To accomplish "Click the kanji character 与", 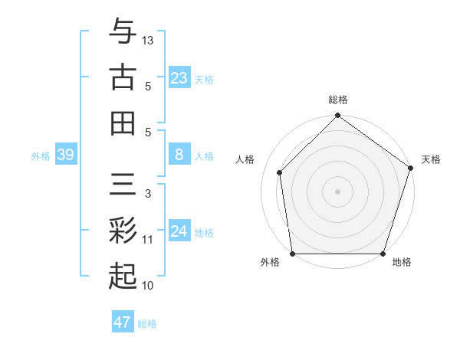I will [123, 31].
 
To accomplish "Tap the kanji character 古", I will [123, 77].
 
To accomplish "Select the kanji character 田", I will [123, 123].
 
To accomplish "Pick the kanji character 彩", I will [123, 230].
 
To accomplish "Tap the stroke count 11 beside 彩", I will [148, 240].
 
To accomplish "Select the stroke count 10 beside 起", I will [148, 286].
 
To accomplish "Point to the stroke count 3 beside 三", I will [148, 194].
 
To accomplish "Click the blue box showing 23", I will [179, 78].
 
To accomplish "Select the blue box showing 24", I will [179, 231].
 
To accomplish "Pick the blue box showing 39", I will [65, 155].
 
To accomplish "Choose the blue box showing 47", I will [123, 322].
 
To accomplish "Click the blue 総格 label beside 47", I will [147, 324].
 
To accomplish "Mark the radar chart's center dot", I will [337, 191].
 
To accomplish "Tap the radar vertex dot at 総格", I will [337, 117].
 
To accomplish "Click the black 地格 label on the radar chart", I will [402, 263].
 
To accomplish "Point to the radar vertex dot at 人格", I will [280, 172].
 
